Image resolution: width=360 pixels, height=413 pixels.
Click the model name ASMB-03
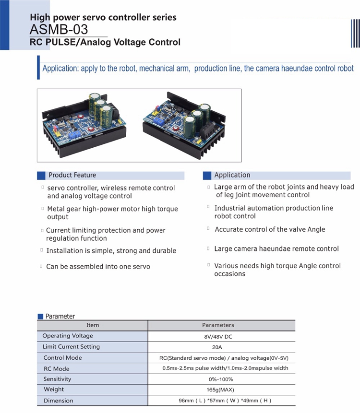tap(59, 29)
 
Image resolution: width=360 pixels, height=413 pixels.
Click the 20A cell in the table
tap(221, 347)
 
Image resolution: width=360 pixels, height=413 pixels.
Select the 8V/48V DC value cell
tap(221, 336)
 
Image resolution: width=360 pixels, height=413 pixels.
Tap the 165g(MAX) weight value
tap(221, 389)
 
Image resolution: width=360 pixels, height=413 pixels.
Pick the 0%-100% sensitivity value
tap(221, 379)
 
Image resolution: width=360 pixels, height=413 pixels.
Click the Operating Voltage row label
tap(68, 336)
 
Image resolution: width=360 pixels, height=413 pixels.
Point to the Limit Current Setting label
tap(71, 347)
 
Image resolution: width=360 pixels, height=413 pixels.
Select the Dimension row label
tap(59, 401)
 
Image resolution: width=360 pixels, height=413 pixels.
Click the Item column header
tap(92, 325)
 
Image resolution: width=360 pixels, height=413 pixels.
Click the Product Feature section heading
tap(72, 175)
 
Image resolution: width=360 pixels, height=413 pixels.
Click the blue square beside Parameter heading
tap(41, 317)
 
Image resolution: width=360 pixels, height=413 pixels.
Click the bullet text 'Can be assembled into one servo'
tap(98, 266)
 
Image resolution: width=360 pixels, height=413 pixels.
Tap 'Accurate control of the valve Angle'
tap(270, 229)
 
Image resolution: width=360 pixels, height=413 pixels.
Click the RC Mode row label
tap(57, 368)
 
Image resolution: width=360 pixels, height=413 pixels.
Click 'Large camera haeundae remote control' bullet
tap(276, 248)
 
